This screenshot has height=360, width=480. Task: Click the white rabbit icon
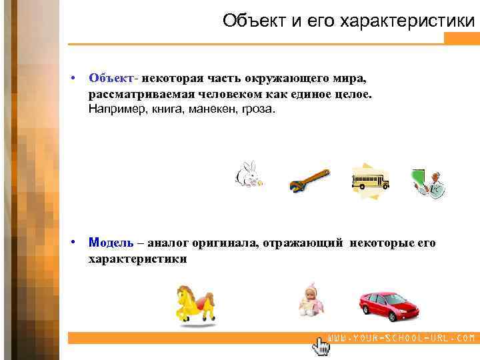(x=249, y=174)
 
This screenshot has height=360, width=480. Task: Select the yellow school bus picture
(x=370, y=179)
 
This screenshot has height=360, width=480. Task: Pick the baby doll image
(x=310, y=301)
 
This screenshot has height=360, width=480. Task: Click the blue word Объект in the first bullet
(x=111, y=79)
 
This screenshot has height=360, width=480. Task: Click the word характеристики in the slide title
(x=408, y=21)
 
